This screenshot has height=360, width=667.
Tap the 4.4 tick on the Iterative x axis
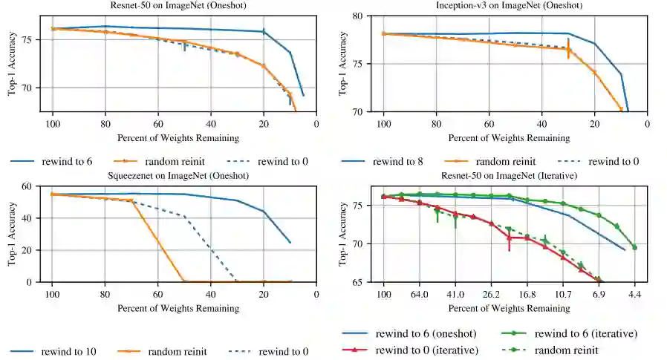[634, 295]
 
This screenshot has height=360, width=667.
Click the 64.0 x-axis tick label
[419, 295]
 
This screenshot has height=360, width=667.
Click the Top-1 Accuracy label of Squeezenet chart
[10, 234]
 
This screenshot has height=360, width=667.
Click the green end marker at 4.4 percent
[634, 247]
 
